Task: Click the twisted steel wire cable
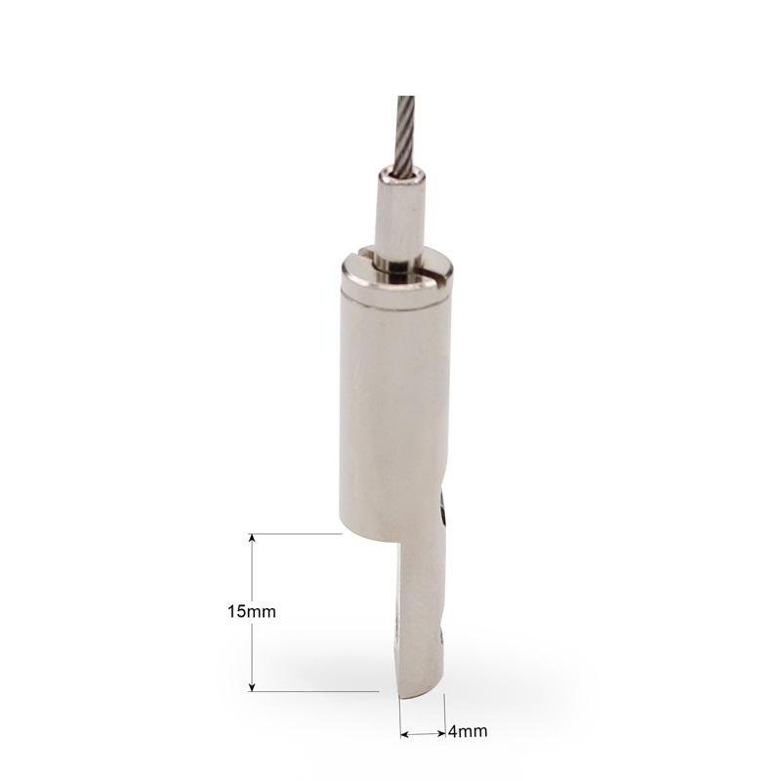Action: point(406,135)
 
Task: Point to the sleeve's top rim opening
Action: point(403,174)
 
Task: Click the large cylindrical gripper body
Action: point(396,398)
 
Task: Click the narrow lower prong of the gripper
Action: point(421,618)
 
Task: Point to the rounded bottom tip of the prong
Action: point(422,696)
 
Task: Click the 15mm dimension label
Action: point(252,612)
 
